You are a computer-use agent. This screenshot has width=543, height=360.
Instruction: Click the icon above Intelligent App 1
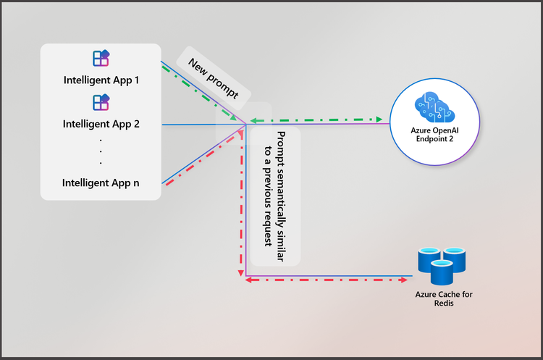click(x=101, y=59)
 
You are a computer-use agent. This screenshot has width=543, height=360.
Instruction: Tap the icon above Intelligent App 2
click(x=101, y=102)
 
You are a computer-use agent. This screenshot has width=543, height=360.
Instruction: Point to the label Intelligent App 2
click(x=101, y=123)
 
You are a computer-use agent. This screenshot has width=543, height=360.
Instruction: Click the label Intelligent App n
click(x=101, y=183)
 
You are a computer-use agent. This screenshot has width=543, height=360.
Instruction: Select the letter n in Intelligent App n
click(x=136, y=183)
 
